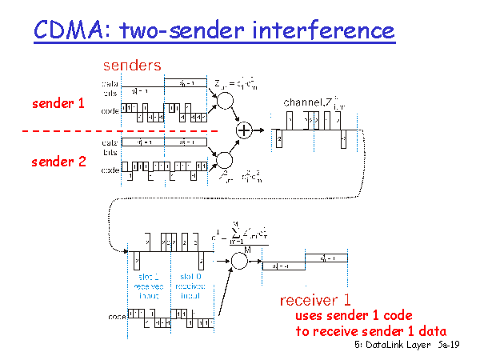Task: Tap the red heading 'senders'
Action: pos(132,64)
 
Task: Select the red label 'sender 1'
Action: pos(58,104)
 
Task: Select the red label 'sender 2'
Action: pos(58,162)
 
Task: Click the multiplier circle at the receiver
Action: pos(239,261)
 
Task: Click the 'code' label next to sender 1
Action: pos(110,110)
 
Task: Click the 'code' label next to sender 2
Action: pos(110,170)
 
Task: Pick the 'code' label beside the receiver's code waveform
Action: pos(118,318)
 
